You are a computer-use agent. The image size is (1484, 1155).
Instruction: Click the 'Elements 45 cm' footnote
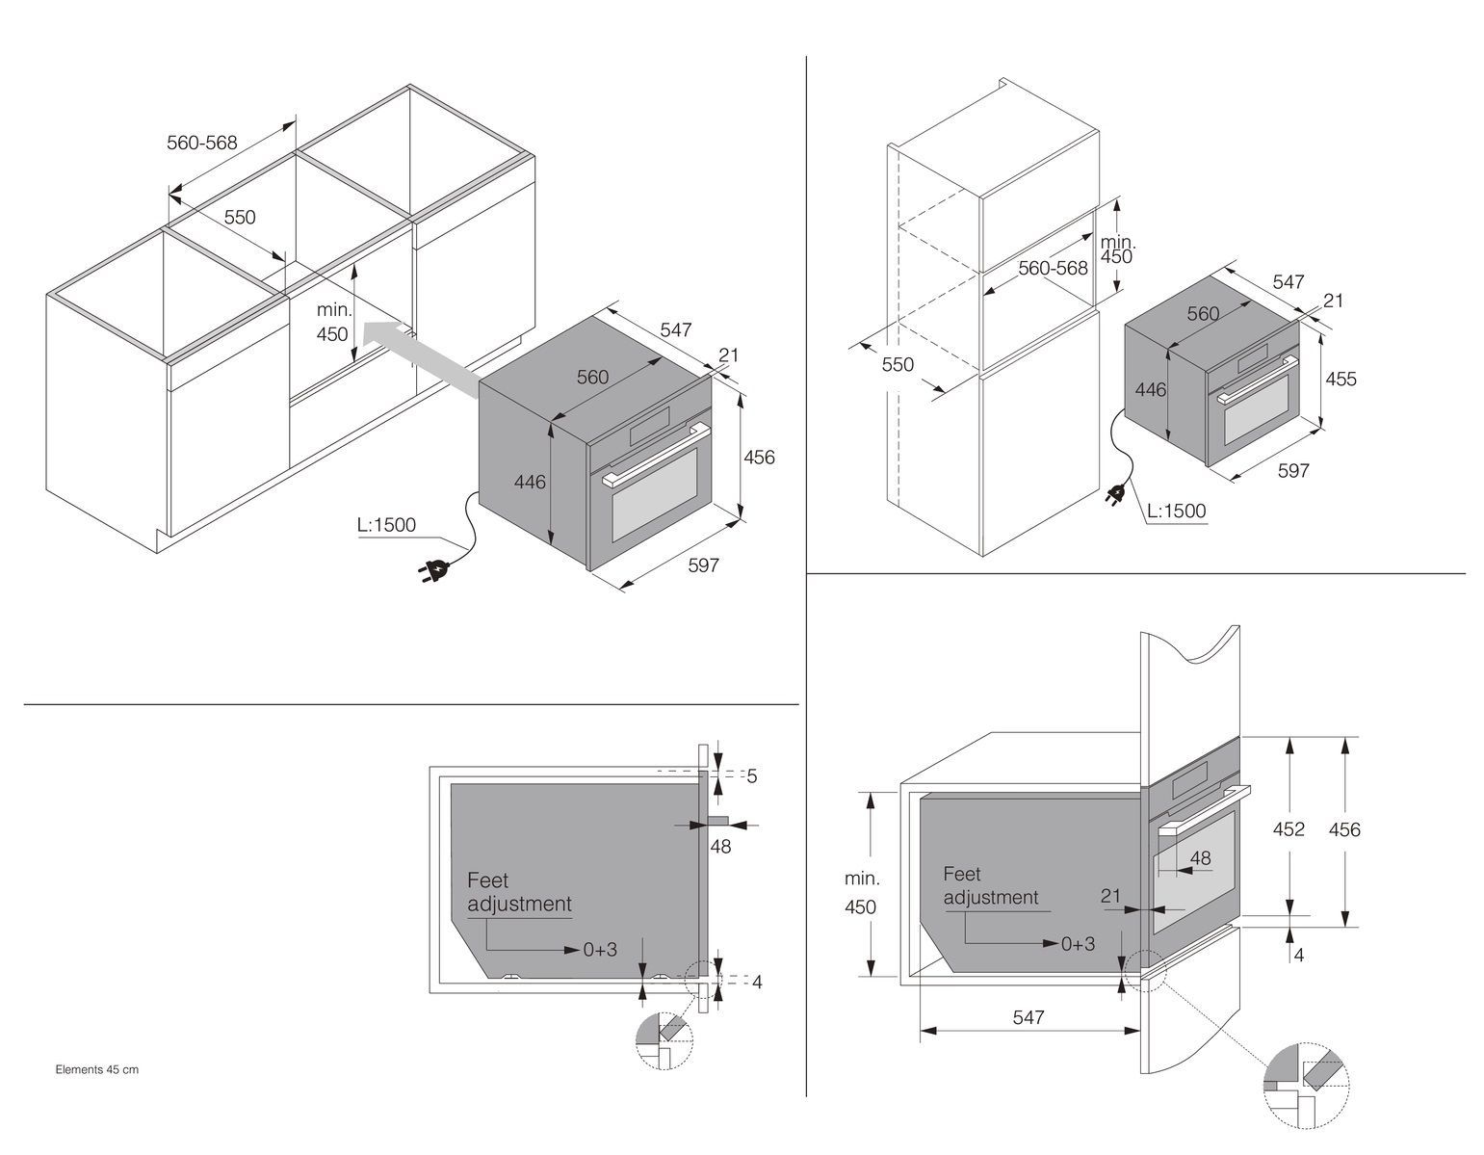pos(96,1069)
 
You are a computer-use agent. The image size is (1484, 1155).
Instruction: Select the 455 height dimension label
pos(1341,379)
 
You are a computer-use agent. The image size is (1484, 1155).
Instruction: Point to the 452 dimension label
pos(1289,828)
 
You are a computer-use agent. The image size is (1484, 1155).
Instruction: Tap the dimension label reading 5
pos(752,775)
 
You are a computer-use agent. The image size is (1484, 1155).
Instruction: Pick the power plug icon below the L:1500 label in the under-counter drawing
pos(431,570)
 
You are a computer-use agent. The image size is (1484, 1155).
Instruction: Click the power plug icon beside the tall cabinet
pos(1116,496)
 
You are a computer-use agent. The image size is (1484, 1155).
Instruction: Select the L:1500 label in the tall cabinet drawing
pos(1177,511)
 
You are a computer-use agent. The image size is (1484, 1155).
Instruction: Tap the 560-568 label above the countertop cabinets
pos(201,143)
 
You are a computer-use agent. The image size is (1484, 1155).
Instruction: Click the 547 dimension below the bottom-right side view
pos(1028,1016)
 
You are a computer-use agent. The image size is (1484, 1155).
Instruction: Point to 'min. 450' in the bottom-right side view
pos(861,893)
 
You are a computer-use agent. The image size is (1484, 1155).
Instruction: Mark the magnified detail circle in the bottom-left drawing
pos(664,1041)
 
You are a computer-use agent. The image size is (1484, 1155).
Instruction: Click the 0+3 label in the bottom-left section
pos(600,949)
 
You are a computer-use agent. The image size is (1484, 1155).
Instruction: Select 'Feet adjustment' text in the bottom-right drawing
pos(991,885)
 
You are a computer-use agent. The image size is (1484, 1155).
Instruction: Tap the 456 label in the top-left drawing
pos(759,458)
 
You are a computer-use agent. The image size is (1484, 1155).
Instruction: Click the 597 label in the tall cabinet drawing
pos(1292,470)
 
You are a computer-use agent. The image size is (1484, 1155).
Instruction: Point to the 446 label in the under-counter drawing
pos(529,481)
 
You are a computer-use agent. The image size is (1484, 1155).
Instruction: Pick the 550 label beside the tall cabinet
pos(898,364)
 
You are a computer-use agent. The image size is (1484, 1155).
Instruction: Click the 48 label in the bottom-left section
pos(720,846)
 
